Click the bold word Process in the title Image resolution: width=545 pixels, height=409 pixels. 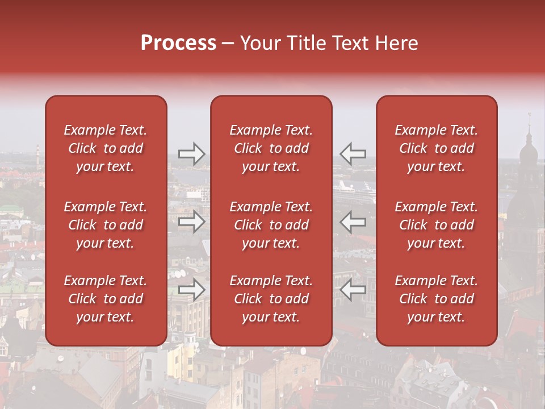[x=178, y=43]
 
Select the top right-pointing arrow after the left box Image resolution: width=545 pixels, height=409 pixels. [x=192, y=154]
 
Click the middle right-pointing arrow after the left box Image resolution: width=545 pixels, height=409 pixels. [x=192, y=222]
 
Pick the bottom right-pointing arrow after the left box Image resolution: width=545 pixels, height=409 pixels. [x=192, y=290]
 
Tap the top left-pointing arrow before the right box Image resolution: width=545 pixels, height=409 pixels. [x=353, y=154]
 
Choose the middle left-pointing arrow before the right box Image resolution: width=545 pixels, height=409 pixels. [x=353, y=222]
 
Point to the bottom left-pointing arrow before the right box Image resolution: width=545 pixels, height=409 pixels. [x=353, y=290]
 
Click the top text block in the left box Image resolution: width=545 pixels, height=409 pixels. [x=106, y=148]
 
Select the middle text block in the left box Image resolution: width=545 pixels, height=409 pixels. [x=106, y=225]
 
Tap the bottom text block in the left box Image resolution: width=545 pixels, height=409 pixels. [x=106, y=299]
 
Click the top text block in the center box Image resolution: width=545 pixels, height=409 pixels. [x=271, y=148]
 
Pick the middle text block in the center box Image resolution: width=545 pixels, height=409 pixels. [x=271, y=225]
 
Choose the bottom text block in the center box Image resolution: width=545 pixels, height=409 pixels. [x=271, y=299]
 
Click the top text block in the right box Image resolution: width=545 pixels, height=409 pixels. [x=437, y=148]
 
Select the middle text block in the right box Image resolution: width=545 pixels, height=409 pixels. [x=437, y=225]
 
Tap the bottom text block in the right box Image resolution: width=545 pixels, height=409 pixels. [x=437, y=299]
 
